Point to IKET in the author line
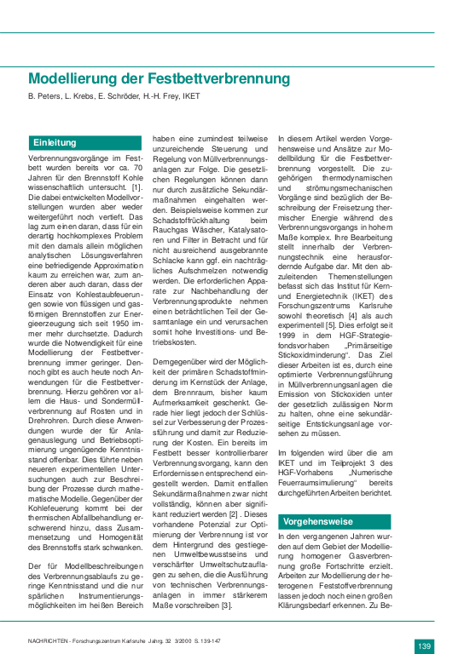[190, 96]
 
